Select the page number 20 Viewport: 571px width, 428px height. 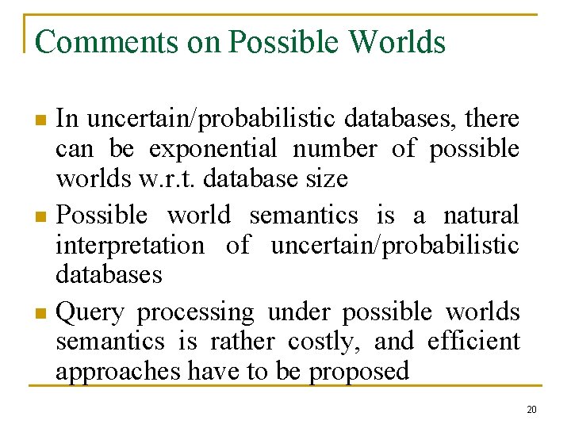pyautogui.click(x=531, y=410)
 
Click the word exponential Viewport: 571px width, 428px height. pyautogui.click(x=213, y=149)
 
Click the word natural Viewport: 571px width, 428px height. pyautogui.click(x=481, y=215)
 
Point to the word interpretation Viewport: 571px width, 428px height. pyautogui.click(x=129, y=245)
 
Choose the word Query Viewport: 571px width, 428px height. pyautogui.click(x=91, y=313)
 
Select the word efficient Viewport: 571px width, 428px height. pyautogui.click(x=473, y=342)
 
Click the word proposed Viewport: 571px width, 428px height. pyautogui.click(x=359, y=371)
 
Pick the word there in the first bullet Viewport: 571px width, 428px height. pyautogui.click(x=492, y=119)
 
